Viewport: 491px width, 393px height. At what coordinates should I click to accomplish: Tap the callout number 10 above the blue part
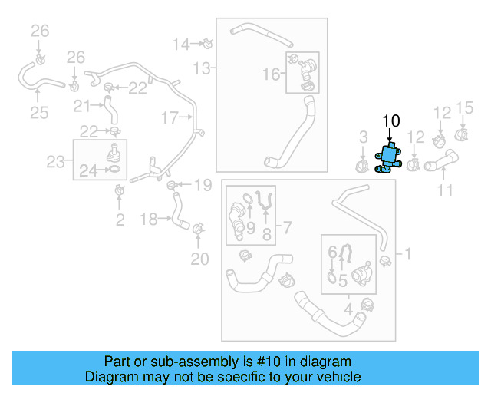click(x=390, y=121)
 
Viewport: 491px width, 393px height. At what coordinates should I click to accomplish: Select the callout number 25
click(x=39, y=114)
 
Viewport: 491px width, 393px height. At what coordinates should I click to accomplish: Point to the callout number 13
click(x=201, y=69)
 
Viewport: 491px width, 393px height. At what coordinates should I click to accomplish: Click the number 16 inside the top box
click(x=272, y=74)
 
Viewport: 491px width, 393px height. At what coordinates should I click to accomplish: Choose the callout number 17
click(x=170, y=117)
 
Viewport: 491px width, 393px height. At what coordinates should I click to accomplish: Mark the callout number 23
click(x=54, y=161)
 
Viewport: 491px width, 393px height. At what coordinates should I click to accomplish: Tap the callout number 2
click(x=120, y=221)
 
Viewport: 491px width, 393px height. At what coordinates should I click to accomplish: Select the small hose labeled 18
click(x=178, y=210)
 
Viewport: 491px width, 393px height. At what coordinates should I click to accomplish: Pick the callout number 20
click(x=199, y=259)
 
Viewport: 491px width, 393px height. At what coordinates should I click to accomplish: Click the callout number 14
click(x=180, y=44)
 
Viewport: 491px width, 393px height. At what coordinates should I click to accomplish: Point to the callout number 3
click(x=364, y=137)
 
